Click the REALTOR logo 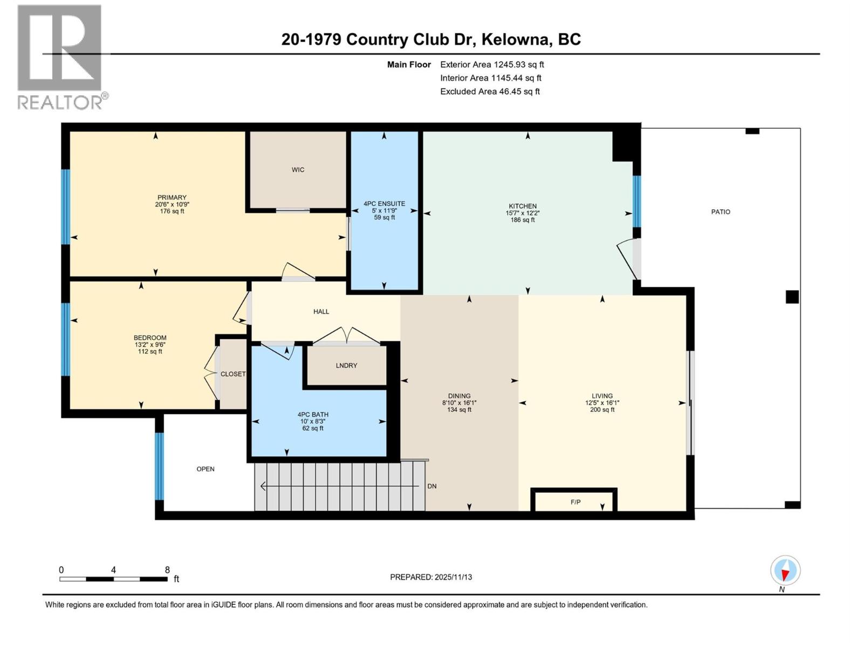point(60,56)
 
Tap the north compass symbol point(785,570)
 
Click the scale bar point(113,579)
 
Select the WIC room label point(298,170)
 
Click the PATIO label point(721,212)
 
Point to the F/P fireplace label point(576,502)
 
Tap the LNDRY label point(346,366)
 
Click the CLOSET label point(233,374)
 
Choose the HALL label point(321,312)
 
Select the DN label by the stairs point(432,486)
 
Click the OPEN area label point(206,469)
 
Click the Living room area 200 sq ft point(602,410)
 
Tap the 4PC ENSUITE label point(384,204)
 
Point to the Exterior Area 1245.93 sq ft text point(492,65)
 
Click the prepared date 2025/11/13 point(453,577)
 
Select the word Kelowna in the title point(515,39)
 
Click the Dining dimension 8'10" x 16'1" point(459,403)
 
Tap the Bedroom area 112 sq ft point(150,352)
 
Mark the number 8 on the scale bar point(167,570)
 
